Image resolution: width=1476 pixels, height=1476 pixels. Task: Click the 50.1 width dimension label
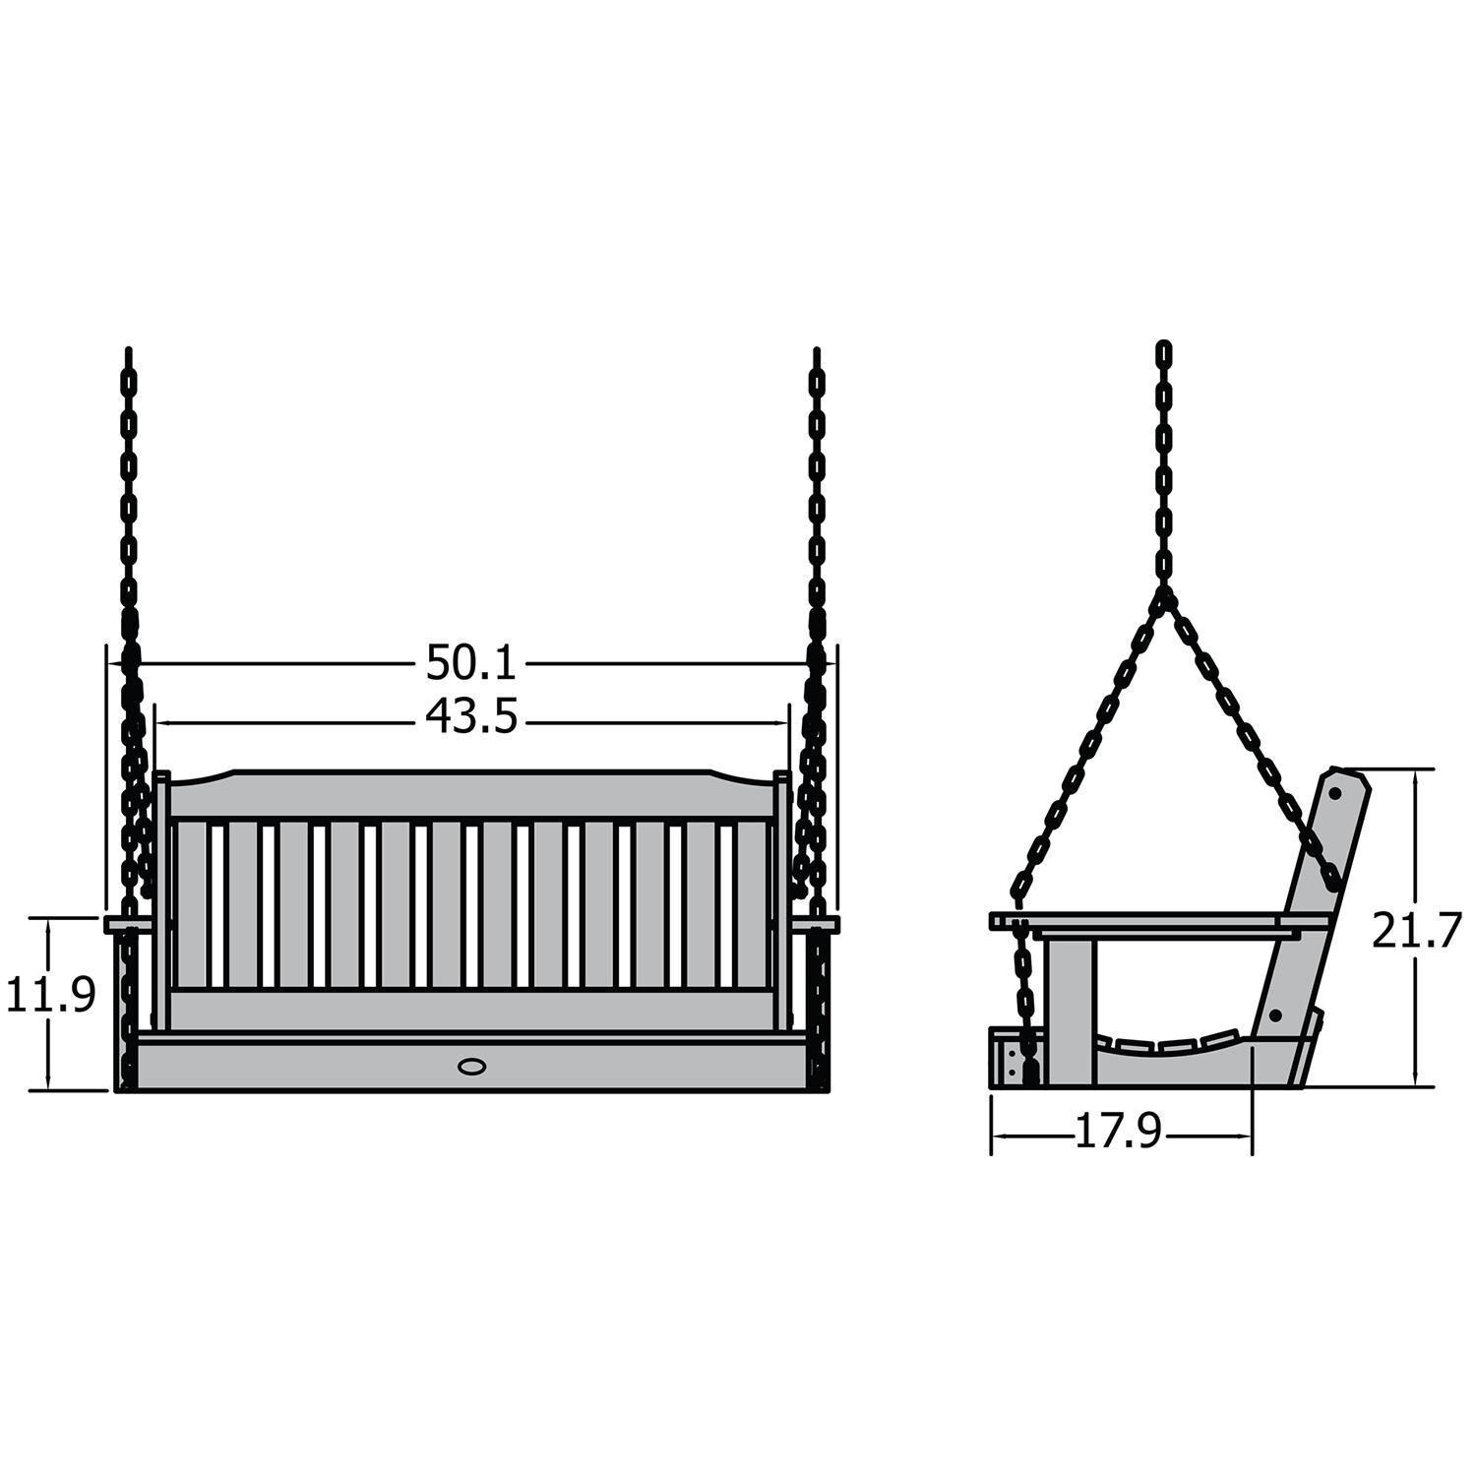tap(470, 662)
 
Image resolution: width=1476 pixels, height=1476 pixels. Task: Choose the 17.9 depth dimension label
tap(1117, 1134)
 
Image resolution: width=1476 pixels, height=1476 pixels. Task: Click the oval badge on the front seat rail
tap(472, 1065)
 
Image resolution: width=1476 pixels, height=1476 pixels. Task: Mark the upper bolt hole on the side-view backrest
tap(1335, 790)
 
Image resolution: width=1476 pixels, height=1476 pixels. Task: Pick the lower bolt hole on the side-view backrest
tap(1275, 1013)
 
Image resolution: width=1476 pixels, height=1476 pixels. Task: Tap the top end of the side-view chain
tap(1165, 348)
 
